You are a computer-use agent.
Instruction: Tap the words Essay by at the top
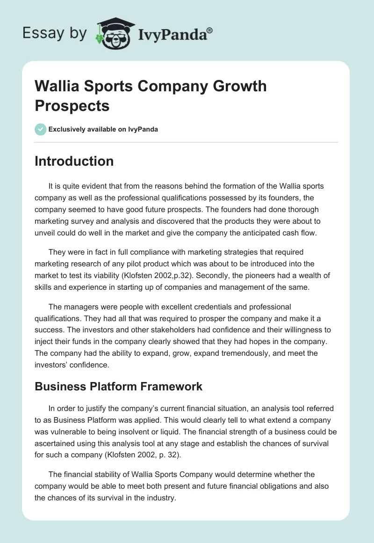54,34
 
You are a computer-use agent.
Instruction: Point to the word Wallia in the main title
58,86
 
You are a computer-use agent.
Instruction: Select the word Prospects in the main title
72,105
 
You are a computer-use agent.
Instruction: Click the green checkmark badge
41,129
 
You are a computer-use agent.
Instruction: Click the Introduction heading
74,161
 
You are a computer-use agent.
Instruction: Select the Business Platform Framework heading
118,386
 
